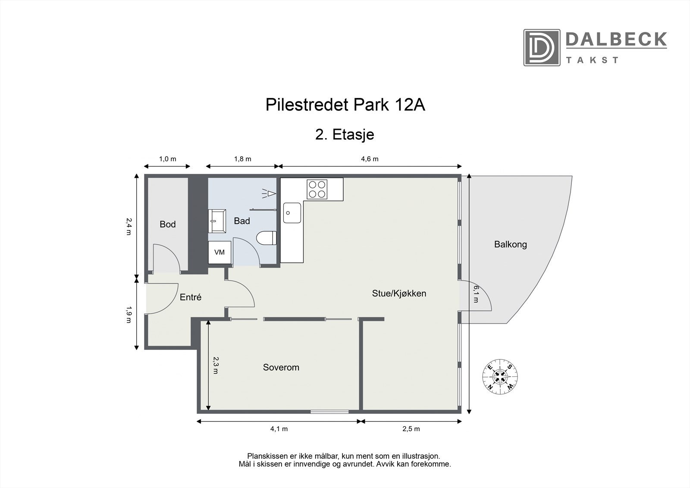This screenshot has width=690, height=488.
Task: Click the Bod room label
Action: pos(168,224)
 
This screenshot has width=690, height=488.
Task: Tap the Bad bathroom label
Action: pos(242,221)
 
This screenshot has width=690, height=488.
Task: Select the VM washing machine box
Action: pos(220,252)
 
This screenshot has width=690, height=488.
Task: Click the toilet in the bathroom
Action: pos(266,239)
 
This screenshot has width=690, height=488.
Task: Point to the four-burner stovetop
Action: pos(317,189)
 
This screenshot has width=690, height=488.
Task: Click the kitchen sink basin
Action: pos(292,213)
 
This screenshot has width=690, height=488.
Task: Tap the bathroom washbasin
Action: pos(216,220)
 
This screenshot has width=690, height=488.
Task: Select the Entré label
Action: pos(191,297)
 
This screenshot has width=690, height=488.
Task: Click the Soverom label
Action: pos(281,368)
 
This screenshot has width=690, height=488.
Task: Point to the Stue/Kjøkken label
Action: pos(399,294)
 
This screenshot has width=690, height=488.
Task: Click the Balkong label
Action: pos(511,245)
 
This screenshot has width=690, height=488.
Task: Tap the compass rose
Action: pos(500,376)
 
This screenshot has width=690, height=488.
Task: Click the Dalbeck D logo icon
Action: pos(542,47)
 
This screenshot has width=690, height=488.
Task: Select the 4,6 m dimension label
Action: pos(370,159)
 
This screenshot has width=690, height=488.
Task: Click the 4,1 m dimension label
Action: pos(279,429)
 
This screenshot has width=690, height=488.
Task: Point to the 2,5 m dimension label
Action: pos(411,429)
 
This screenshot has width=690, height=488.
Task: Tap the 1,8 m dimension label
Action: pos(242,159)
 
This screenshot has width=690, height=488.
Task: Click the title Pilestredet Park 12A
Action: pos(345,105)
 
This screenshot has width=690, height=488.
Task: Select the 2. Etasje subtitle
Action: pos(345,135)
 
